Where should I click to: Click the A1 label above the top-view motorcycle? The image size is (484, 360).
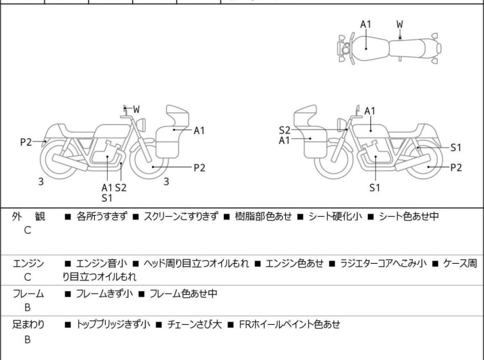pyautogui.click(x=365, y=24)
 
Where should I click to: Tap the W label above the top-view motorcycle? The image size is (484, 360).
pyautogui.click(x=400, y=24)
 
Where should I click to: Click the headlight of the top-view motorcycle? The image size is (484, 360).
pyautogui.click(x=345, y=49)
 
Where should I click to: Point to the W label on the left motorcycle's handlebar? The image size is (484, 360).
pyautogui.click(x=137, y=110)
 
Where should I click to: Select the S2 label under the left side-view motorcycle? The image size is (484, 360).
pyautogui.click(x=120, y=187)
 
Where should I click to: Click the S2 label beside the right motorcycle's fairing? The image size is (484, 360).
pyautogui.click(x=285, y=130)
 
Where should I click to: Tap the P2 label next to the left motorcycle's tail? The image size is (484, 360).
pyautogui.click(x=26, y=142)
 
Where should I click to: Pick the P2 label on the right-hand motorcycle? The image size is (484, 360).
pyautogui.click(x=456, y=167)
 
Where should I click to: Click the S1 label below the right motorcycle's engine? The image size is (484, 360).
pyautogui.click(x=374, y=187)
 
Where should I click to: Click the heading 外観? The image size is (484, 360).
pyautogui.click(x=29, y=217)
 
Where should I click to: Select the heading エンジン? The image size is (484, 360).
pyautogui.click(x=28, y=264)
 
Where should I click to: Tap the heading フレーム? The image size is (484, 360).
pyautogui.click(x=28, y=294)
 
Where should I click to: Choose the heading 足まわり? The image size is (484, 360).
pyautogui.click(x=28, y=325)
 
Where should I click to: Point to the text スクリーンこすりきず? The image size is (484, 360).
pyautogui.click(x=181, y=217)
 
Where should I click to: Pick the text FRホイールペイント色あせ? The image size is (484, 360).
pyautogui.click(x=289, y=325)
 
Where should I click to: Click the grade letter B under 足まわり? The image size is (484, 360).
pyautogui.click(x=28, y=339)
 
